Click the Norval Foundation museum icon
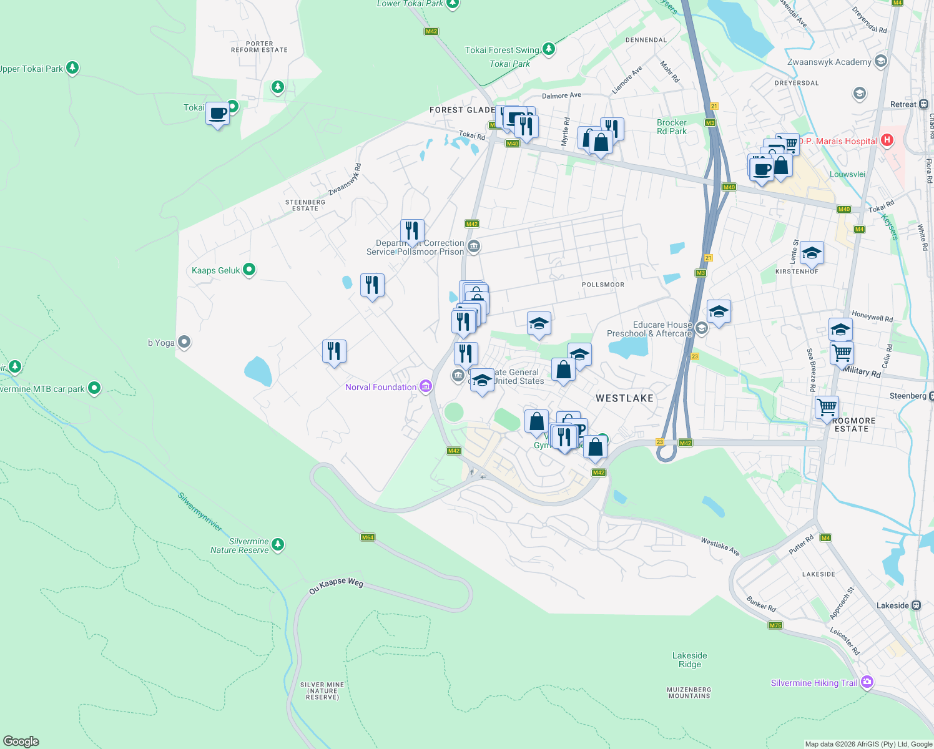pyautogui.click(x=426, y=387)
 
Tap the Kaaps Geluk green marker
pyautogui.click(x=249, y=270)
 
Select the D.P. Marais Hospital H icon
pyautogui.click(x=887, y=140)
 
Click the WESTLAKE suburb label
pyautogui.click(x=624, y=398)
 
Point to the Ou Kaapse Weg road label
pyautogui.click(x=336, y=585)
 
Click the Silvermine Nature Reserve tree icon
pyautogui.click(x=278, y=545)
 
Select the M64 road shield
pyautogui.click(x=368, y=537)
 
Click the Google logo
pyautogui.click(x=21, y=742)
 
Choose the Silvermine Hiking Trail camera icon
pyautogui.click(x=867, y=682)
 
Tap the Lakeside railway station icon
pyautogui.click(x=916, y=605)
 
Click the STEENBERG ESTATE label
pyautogui.click(x=305, y=205)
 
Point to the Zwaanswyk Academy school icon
pyautogui.click(x=881, y=61)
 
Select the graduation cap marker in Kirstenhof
pyautogui.click(x=811, y=253)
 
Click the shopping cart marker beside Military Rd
pyautogui.click(x=842, y=353)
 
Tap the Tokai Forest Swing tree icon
pyautogui.click(x=548, y=49)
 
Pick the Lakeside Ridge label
pyautogui.click(x=690, y=660)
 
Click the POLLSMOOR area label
pyautogui.click(x=603, y=285)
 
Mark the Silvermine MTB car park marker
pyautogui.click(x=94, y=388)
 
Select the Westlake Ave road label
pyautogui.click(x=720, y=547)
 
